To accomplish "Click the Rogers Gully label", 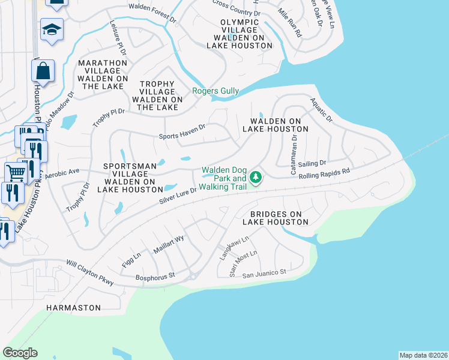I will point(215,91).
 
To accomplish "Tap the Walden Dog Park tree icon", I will point(256,177).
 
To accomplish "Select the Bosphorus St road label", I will point(154,276).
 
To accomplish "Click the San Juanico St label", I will point(265,274).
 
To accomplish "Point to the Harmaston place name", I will point(74,307).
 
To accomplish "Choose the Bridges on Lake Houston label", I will point(276,217).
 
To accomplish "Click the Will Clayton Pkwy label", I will point(90,272).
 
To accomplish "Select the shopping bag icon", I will point(43,71).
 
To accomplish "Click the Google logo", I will point(20,353).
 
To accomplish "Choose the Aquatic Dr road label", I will point(321,111).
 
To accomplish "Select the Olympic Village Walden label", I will point(239,34).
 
